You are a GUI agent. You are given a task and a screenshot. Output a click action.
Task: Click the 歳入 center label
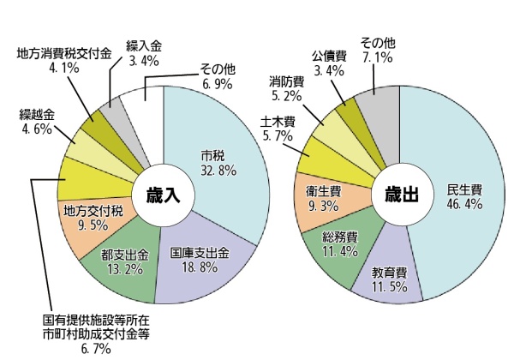pos(161,195)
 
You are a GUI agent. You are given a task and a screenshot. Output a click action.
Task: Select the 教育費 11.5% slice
pos(389,279)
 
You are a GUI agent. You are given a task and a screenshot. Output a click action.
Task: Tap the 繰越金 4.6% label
pos(36,122)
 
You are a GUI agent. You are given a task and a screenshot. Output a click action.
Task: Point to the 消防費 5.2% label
pos(286,88)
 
